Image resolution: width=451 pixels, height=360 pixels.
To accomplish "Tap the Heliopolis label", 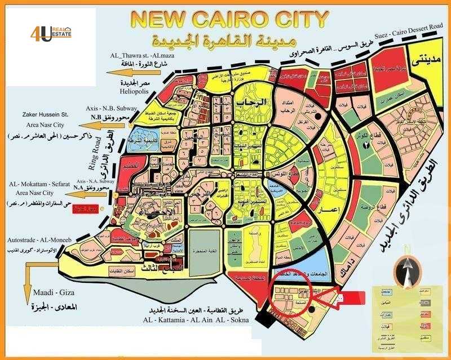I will coord(133,90).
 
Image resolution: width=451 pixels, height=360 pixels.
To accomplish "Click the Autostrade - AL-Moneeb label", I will coord(38,240).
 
